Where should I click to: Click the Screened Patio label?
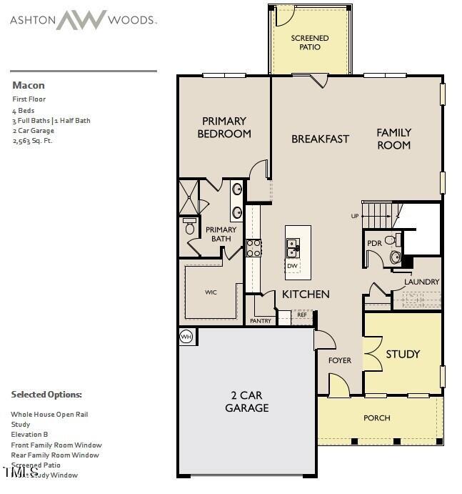tap(310, 42)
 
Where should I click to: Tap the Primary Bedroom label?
tap(224, 127)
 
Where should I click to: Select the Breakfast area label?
tap(320, 139)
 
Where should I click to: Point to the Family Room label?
tap(394, 139)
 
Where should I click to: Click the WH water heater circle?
tap(186, 336)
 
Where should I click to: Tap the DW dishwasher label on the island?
tap(292, 266)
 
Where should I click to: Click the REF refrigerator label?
tap(302, 315)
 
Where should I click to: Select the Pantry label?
tap(261, 321)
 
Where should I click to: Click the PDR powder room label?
tap(374, 244)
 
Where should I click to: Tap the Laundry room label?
tap(421, 282)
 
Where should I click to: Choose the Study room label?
tap(403, 354)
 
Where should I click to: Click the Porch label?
tap(377, 418)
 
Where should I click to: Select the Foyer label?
tap(340, 360)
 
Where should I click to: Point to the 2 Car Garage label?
tap(247, 401)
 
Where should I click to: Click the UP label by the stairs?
tap(355, 216)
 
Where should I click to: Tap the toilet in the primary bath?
tap(189, 228)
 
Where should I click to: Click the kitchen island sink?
tap(293, 247)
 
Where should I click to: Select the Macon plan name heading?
tap(29, 85)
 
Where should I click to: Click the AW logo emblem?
tap(81, 20)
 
